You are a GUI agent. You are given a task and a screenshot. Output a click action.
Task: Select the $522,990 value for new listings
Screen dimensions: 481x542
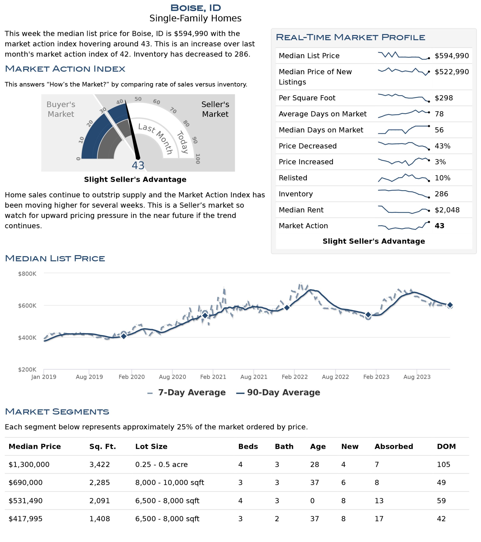click(x=452, y=72)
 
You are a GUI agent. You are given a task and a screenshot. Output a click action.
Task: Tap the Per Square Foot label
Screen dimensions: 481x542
click(x=307, y=98)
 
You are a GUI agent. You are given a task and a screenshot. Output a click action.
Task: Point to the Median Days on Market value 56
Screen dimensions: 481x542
click(x=439, y=130)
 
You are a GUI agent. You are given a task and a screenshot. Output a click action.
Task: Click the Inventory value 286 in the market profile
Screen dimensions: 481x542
click(x=441, y=194)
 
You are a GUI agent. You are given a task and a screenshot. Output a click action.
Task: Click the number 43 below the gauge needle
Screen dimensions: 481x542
click(x=138, y=166)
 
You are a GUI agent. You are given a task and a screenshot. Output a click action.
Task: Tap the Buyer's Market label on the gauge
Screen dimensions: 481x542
click(x=61, y=109)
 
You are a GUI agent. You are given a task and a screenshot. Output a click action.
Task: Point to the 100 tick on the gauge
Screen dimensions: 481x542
click(x=197, y=159)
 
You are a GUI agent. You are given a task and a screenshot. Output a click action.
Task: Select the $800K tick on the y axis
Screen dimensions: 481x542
click(x=27, y=274)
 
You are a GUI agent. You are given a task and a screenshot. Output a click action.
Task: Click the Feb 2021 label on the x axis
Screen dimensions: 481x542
click(x=213, y=377)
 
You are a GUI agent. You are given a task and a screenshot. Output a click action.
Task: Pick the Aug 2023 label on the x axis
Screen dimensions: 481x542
click(x=417, y=377)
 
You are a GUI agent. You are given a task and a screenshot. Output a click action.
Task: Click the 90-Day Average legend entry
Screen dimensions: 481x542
click(x=278, y=393)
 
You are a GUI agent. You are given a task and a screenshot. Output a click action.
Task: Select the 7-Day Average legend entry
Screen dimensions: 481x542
click(x=186, y=393)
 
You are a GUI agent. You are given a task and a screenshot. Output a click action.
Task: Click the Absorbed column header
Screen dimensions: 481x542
click(x=394, y=447)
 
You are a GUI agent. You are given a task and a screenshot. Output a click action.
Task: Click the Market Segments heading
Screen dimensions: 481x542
click(x=57, y=412)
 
